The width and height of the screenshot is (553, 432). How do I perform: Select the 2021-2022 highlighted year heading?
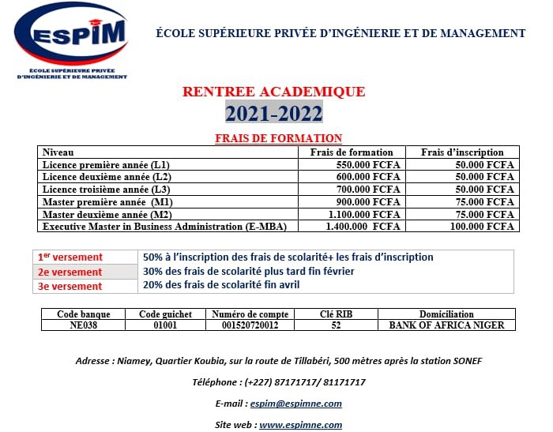274,113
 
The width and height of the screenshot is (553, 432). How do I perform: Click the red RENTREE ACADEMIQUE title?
274,92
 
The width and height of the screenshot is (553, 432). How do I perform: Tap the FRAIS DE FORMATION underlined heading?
278,138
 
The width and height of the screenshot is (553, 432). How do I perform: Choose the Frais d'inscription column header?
461,152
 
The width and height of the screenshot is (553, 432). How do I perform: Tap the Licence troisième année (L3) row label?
107,190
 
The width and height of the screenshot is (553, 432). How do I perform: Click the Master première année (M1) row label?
107,202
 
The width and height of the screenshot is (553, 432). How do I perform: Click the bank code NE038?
84,325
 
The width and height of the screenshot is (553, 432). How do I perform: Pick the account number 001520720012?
250,325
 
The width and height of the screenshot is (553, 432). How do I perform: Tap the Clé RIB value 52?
336,325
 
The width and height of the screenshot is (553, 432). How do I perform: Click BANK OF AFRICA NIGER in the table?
446,325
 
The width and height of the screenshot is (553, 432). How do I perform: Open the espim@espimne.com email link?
295,404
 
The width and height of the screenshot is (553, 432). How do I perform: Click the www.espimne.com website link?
301,424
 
